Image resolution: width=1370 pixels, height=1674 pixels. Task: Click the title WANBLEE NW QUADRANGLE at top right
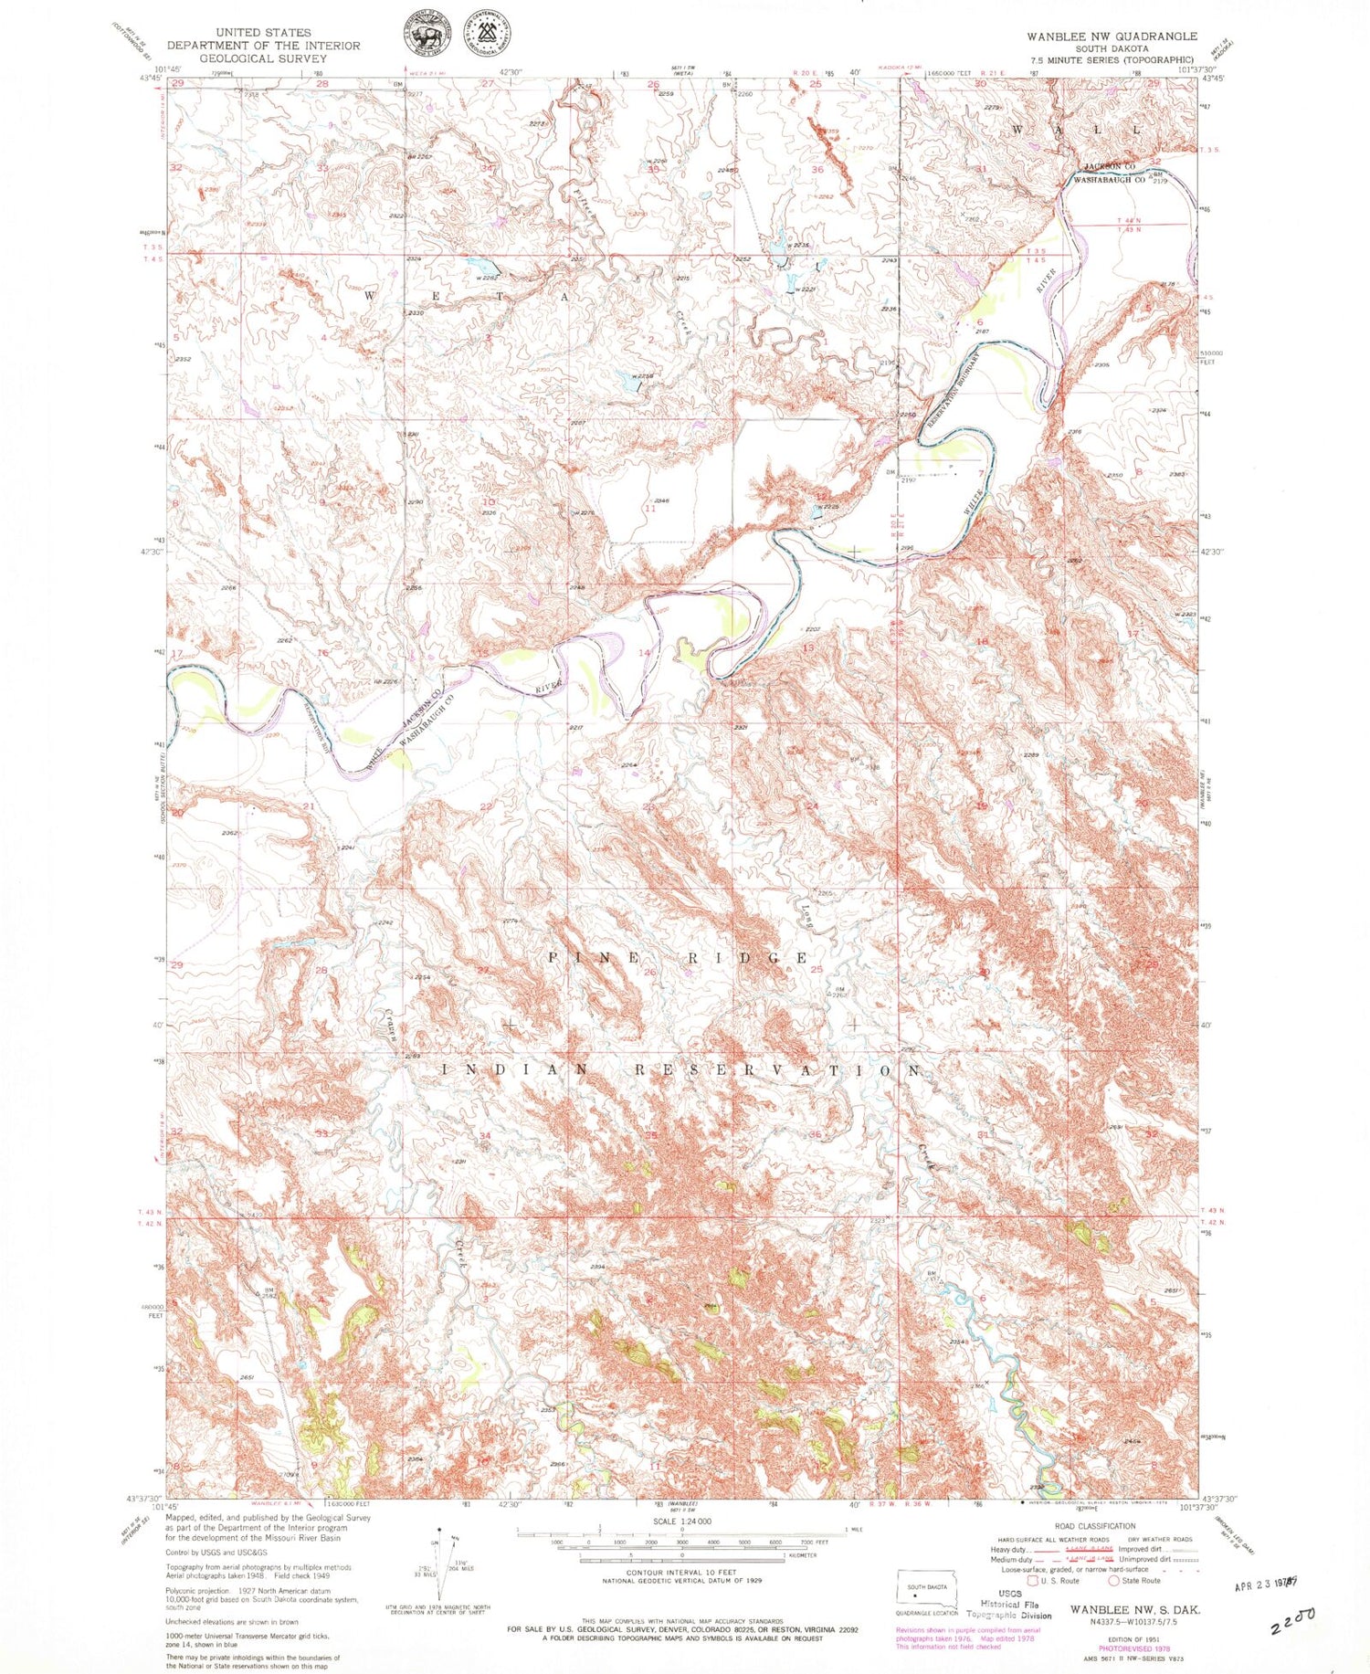click(1111, 36)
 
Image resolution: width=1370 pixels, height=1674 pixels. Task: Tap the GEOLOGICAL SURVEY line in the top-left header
click(263, 58)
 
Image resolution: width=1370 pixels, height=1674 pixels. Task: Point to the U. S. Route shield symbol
click(1033, 1580)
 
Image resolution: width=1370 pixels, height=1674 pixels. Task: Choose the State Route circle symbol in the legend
click(1113, 1580)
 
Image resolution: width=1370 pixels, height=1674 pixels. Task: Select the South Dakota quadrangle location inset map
click(925, 1592)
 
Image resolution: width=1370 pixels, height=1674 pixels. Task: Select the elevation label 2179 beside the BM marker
click(1161, 182)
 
